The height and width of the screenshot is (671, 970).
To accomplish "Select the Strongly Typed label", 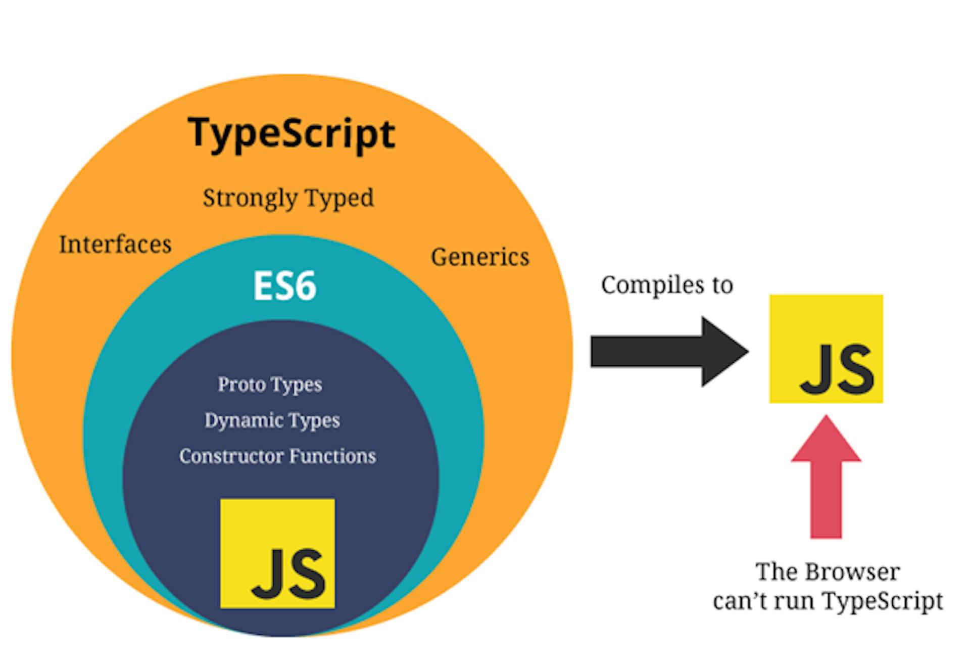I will point(288,198).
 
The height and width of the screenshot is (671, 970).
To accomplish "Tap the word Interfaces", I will point(115,245).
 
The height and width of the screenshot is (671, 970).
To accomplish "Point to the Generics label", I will point(480,257).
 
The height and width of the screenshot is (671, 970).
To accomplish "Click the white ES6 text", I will point(284,286).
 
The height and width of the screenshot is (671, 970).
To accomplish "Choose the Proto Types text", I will point(270,385).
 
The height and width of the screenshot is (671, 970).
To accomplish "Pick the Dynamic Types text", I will point(272,420).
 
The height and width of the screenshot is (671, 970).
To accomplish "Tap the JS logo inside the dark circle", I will point(277,553).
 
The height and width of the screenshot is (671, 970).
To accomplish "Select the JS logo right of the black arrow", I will point(826,349).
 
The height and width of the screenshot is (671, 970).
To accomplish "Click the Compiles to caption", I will point(667,285).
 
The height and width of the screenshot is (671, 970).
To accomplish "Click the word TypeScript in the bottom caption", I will point(882,601).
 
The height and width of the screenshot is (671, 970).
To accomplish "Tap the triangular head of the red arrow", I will point(826,442).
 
